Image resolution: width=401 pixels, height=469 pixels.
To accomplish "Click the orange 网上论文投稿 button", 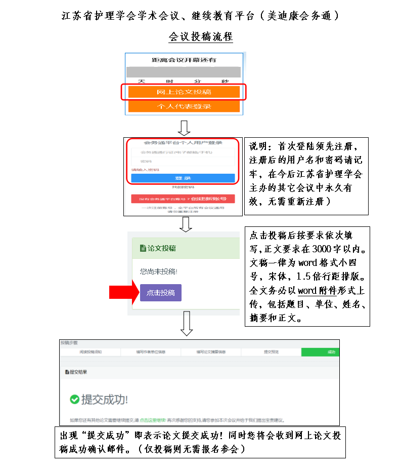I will click(x=184, y=92).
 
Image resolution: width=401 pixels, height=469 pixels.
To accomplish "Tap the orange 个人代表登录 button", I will click(x=184, y=106).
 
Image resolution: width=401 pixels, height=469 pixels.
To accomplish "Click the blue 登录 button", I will click(x=183, y=178).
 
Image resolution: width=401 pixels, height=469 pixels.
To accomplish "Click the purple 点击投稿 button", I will click(x=160, y=293).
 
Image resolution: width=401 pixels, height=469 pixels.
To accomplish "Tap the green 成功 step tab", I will click(x=320, y=352).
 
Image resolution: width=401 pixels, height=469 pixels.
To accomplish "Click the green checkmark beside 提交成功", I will click(x=74, y=400).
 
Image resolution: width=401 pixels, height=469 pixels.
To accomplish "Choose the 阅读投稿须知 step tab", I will click(x=91, y=352).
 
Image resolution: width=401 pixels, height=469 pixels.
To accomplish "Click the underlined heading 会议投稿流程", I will click(x=201, y=37).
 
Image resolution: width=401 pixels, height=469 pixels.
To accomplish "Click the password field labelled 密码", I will click(x=183, y=161).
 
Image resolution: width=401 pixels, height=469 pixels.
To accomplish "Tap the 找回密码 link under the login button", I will click(x=183, y=187).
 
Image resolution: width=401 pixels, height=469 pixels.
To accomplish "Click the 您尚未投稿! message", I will click(x=159, y=271).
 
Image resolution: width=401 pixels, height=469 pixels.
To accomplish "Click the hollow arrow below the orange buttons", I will click(x=184, y=128).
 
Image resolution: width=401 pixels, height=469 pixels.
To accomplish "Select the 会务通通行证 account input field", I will click(x=183, y=152).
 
